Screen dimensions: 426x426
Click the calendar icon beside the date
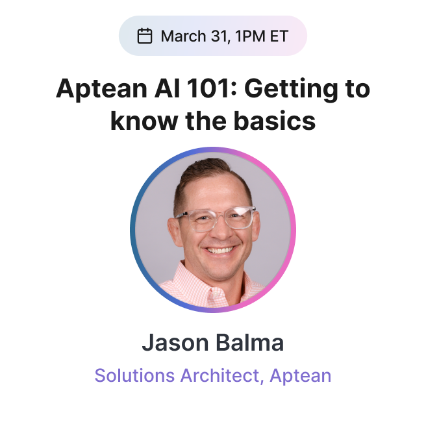click(145, 36)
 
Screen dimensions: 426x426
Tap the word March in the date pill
click(183, 36)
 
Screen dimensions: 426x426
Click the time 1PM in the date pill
click(250, 36)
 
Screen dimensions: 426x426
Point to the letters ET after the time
click(279, 36)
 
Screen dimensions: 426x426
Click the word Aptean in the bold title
click(101, 89)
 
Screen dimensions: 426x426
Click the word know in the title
click(144, 121)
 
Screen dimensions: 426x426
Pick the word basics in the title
click(275, 121)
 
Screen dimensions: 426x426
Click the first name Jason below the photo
click(175, 343)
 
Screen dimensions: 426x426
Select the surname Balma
click(249, 342)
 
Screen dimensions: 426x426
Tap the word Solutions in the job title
click(134, 375)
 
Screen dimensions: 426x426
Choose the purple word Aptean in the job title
click(300, 376)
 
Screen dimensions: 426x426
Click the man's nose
click(221, 231)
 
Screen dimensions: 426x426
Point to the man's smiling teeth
click(219, 249)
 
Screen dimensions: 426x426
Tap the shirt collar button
click(216, 294)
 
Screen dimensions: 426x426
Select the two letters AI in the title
click(168, 88)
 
